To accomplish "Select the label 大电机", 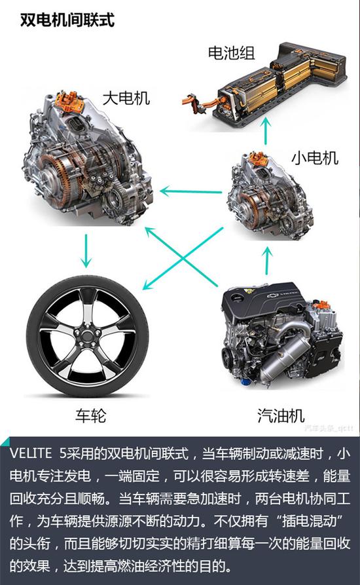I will point(126,99).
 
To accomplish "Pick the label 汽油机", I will point(281,415).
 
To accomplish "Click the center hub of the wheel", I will point(85,337).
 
